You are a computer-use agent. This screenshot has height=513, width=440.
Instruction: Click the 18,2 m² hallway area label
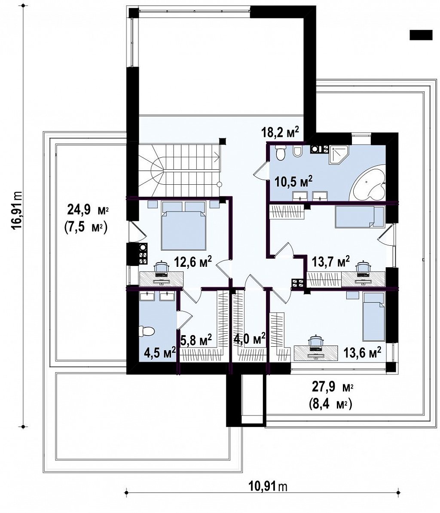coord(280,132)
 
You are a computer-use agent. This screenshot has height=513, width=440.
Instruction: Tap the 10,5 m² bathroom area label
coord(293,181)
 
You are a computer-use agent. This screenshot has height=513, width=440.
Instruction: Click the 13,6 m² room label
coord(362,353)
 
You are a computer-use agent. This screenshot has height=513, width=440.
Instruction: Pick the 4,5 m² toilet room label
coord(160,353)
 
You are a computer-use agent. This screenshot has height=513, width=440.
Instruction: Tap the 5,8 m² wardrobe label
coord(196,340)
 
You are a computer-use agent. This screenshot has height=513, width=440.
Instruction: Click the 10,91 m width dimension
coord(268,487)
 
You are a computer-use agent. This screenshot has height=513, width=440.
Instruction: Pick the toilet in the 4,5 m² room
coord(147,331)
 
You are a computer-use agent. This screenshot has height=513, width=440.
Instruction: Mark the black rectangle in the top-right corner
coord(421,35)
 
